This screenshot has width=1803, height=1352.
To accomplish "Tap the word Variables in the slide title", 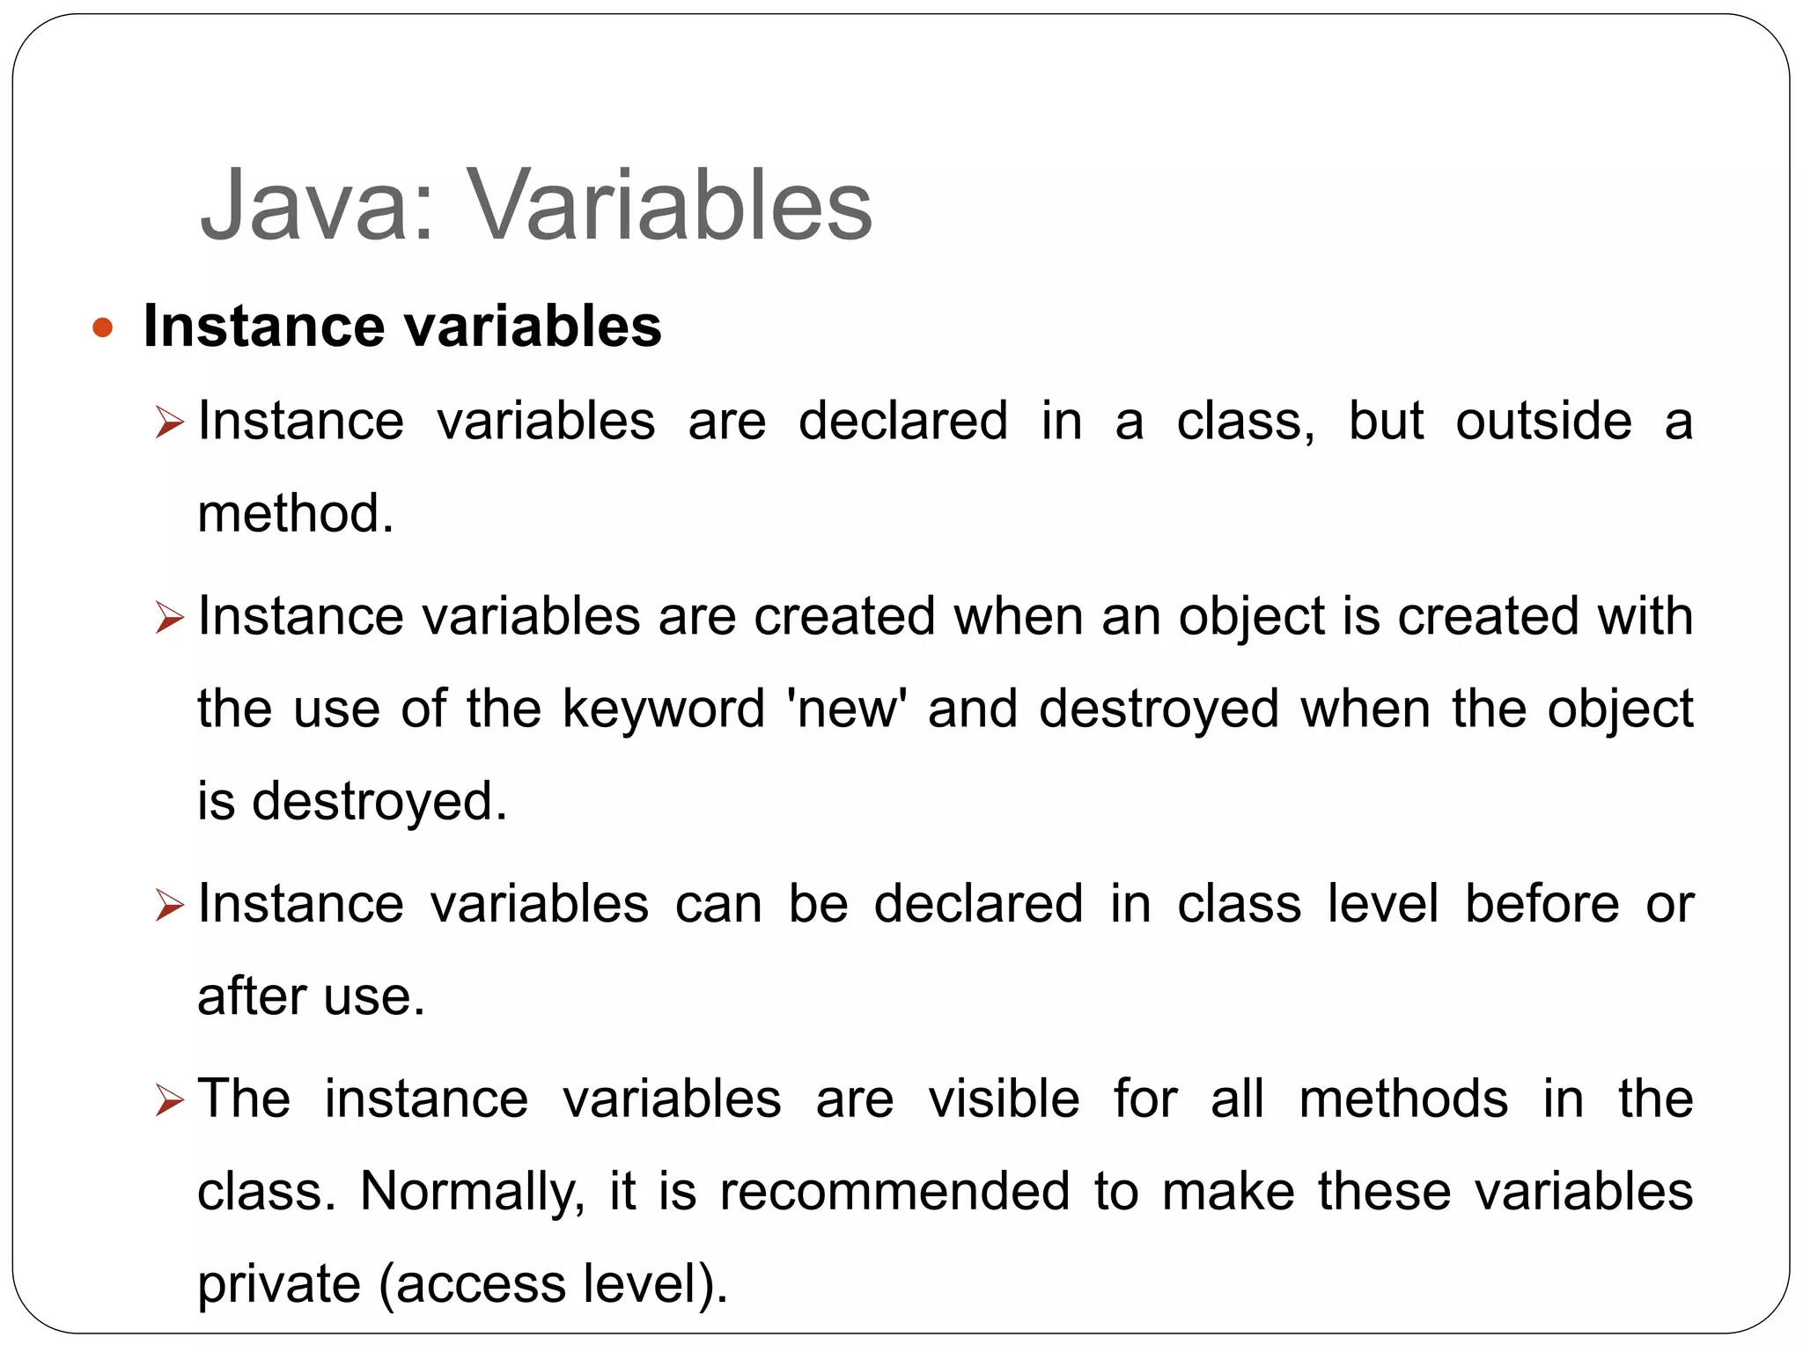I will (669, 206).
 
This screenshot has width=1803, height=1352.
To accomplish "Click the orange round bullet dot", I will (103, 328).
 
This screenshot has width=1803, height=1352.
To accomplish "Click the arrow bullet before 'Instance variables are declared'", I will (168, 422).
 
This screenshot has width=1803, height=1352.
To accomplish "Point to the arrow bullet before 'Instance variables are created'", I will (168, 618).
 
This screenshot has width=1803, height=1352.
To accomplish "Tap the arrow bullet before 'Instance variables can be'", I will (168, 906).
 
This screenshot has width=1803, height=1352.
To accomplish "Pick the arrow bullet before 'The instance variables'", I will (168, 1101).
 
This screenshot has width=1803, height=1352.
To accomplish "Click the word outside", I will (1543, 421).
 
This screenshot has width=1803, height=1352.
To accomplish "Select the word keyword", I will (664, 709).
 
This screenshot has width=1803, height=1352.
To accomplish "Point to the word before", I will (1542, 904).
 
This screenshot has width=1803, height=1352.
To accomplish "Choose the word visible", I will (1004, 1099).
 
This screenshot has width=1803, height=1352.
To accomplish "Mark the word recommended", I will (894, 1192).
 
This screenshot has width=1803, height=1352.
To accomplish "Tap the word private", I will (279, 1284).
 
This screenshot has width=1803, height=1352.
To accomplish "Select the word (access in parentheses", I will (472, 1284).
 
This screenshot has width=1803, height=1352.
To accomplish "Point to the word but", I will (1386, 421).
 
